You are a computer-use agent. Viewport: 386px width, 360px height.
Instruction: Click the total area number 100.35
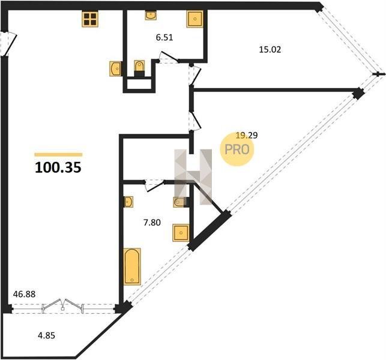(58, 167)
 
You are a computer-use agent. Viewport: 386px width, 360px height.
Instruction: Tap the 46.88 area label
(24, 294)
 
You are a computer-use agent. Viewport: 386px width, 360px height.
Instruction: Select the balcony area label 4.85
(46, 335)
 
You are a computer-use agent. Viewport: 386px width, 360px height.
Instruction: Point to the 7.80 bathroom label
(152, 223)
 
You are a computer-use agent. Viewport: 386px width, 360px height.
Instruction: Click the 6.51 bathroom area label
(164, 37)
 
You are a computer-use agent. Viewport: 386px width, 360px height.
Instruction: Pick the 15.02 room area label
(270, 50)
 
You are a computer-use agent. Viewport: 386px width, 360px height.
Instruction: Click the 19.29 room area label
(246, 135)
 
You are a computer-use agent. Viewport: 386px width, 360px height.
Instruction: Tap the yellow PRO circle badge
(237, 149)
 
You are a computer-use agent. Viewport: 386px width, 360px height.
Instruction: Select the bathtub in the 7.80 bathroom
(132, 267)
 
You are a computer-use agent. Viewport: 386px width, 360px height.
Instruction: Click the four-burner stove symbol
(90, 19)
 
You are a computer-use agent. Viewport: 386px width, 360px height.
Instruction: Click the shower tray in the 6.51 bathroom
(195, 19)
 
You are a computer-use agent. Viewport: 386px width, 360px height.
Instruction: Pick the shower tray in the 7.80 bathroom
(181, 233)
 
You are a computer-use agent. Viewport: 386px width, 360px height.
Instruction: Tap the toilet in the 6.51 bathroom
(139, 68)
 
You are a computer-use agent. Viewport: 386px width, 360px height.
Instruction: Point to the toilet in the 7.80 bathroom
(181, 202)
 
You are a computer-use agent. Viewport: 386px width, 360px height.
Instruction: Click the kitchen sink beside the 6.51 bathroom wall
(115, 68)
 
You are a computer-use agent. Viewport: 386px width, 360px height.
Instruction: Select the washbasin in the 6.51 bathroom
(151, 15)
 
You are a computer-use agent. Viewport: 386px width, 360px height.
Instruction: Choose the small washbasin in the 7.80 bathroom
(128, 202)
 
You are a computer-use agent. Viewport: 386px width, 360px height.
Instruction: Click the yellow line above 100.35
(58, 155)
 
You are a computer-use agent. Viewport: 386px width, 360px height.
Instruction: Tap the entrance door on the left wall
(8, 44)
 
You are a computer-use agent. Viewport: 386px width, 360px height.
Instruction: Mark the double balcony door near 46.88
(63, 306)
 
